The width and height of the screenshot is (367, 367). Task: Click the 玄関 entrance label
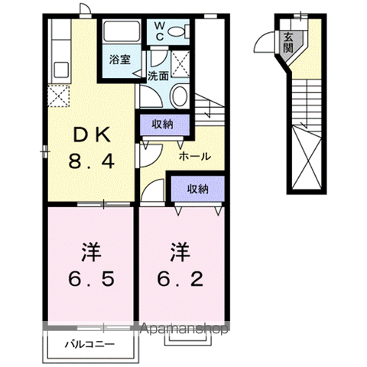click(288, 43)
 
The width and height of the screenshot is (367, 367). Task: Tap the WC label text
click(160, 31)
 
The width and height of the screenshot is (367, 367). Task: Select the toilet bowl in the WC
click(179, 31)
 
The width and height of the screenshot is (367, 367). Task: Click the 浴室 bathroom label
click(120, 60)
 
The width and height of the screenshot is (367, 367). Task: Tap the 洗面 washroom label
click(158, 76)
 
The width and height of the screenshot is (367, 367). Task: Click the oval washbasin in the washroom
click(179, 96)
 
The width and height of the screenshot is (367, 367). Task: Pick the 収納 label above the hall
click(162, 125)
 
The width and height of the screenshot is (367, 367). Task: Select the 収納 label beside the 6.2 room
click(198, 189)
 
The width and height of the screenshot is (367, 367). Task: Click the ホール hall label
click(195, 156)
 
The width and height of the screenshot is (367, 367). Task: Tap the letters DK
click(92, 135)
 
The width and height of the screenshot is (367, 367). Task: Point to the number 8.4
click(91, 161)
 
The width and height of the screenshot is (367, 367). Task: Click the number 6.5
click(91, 279)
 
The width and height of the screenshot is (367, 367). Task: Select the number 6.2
click(180, 279)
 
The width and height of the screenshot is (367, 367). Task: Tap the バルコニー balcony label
click(89, 345)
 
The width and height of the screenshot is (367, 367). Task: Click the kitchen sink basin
click(61, 70)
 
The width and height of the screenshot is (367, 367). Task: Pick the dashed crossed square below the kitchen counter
click(59, 96)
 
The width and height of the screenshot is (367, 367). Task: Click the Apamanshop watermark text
click(184, 329)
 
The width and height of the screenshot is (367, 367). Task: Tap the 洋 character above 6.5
click(91, 252)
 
